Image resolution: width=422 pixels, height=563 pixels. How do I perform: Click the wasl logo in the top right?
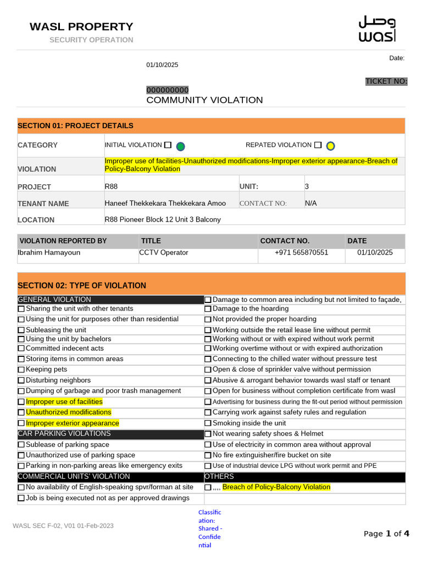click(376, 29)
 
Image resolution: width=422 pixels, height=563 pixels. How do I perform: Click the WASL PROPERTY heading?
click(81, 26)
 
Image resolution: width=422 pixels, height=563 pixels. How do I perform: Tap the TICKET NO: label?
click(386, 81)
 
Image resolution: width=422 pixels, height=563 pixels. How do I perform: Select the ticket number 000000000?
click(167, 90)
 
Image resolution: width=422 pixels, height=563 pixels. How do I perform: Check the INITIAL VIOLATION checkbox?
click(168, 145)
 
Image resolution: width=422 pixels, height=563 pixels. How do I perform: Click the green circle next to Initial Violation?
click(180, 146)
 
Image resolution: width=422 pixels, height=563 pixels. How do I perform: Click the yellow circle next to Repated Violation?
click(330, 146)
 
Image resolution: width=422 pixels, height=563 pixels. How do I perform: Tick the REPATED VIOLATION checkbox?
click(318, 145)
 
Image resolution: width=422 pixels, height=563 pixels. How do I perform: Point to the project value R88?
click(111, 186)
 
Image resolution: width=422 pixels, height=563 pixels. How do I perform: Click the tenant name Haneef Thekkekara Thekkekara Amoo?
click(165, 203)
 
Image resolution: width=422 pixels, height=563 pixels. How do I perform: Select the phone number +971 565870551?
click(302, 252)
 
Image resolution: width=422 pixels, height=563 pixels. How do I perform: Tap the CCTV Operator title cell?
click(164, 252)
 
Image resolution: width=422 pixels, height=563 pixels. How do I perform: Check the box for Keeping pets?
click(21, 370)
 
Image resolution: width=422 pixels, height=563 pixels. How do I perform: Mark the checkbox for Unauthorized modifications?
click(21, 412)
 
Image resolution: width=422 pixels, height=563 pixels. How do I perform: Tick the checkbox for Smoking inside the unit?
click(208, 423)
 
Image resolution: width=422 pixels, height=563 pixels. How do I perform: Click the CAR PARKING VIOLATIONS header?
click(64, 434)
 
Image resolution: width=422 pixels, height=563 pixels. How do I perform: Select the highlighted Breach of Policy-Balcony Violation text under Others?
click(276, 487)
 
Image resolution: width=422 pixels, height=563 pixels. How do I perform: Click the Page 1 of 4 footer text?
click(386, 533)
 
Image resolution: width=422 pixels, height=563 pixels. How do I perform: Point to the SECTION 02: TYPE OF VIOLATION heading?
click(82, 285)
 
